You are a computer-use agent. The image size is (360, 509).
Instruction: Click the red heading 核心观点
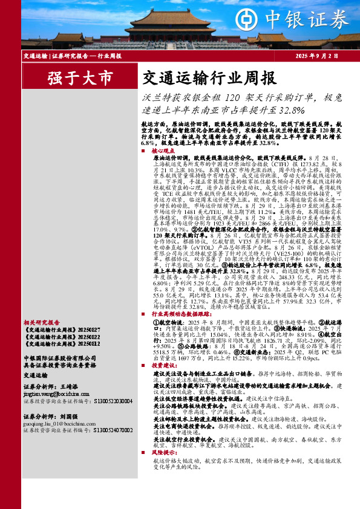pos(163,150)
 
